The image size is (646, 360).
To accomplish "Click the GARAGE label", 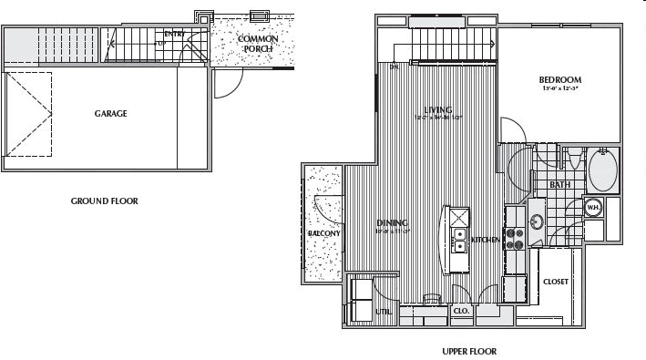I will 110,114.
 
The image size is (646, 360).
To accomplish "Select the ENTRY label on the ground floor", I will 173,34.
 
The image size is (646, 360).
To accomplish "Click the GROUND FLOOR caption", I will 105,201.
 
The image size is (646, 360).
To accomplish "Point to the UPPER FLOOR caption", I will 468,351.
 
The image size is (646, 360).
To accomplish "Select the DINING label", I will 392,223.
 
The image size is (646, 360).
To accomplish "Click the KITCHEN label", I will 485,240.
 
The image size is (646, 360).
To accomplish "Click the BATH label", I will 560,185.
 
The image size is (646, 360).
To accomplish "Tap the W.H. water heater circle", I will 592,208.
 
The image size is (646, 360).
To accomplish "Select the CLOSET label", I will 555,282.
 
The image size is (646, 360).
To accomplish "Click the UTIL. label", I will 383,312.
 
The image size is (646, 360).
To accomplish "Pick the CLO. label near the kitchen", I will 461,312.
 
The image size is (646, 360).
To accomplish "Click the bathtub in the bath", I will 602,169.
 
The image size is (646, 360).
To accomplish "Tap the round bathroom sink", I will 536,220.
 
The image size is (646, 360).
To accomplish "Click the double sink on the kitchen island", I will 458,241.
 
